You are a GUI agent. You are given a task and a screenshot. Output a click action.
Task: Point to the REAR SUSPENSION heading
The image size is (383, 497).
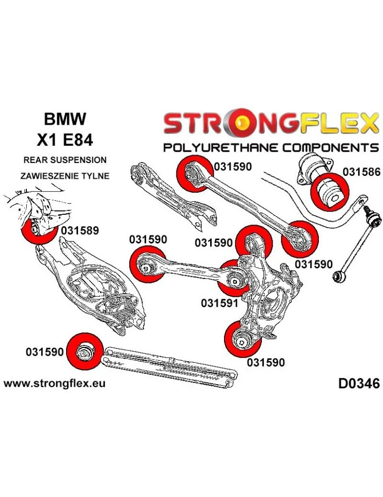point(65,160)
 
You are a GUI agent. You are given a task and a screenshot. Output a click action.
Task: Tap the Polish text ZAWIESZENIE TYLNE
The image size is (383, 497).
point(65,176)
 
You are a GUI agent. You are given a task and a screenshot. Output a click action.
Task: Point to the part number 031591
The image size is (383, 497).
point(220,302)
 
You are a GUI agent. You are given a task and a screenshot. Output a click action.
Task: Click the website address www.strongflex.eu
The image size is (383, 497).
point(54,384)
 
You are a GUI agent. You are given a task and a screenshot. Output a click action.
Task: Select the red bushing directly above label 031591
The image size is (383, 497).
point(234,278)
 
